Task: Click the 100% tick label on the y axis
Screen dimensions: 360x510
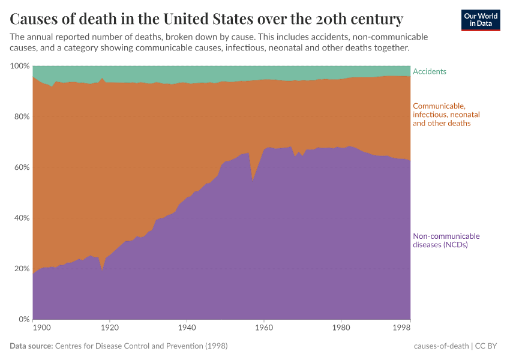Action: [x=19, y=65]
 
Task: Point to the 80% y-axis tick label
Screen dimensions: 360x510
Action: [x=20, y=116]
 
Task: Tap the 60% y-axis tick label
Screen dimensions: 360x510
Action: [x=20, y=167]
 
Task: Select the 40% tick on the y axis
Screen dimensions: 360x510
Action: [x=20, y=218]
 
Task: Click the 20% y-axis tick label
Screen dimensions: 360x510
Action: [x=20, y=268]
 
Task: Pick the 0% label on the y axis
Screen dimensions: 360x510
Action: [x=23, y=319]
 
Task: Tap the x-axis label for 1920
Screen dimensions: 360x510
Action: [x=109, y=328]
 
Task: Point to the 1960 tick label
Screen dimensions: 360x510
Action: [x=264, y=328]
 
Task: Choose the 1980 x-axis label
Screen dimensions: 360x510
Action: [x=341, y=328]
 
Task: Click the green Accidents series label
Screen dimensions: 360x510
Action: [x=430, y=71]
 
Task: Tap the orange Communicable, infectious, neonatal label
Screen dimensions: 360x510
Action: [x=446, y=115]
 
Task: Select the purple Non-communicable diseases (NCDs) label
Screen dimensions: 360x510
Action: [x=446, y=240]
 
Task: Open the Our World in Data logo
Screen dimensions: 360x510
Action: [x=480, y=20]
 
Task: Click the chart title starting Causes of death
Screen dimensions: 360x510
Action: [x=206, y=19]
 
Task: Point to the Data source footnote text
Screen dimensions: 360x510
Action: [x=119, y=346]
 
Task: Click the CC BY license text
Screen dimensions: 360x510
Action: [x=489, y=346]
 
